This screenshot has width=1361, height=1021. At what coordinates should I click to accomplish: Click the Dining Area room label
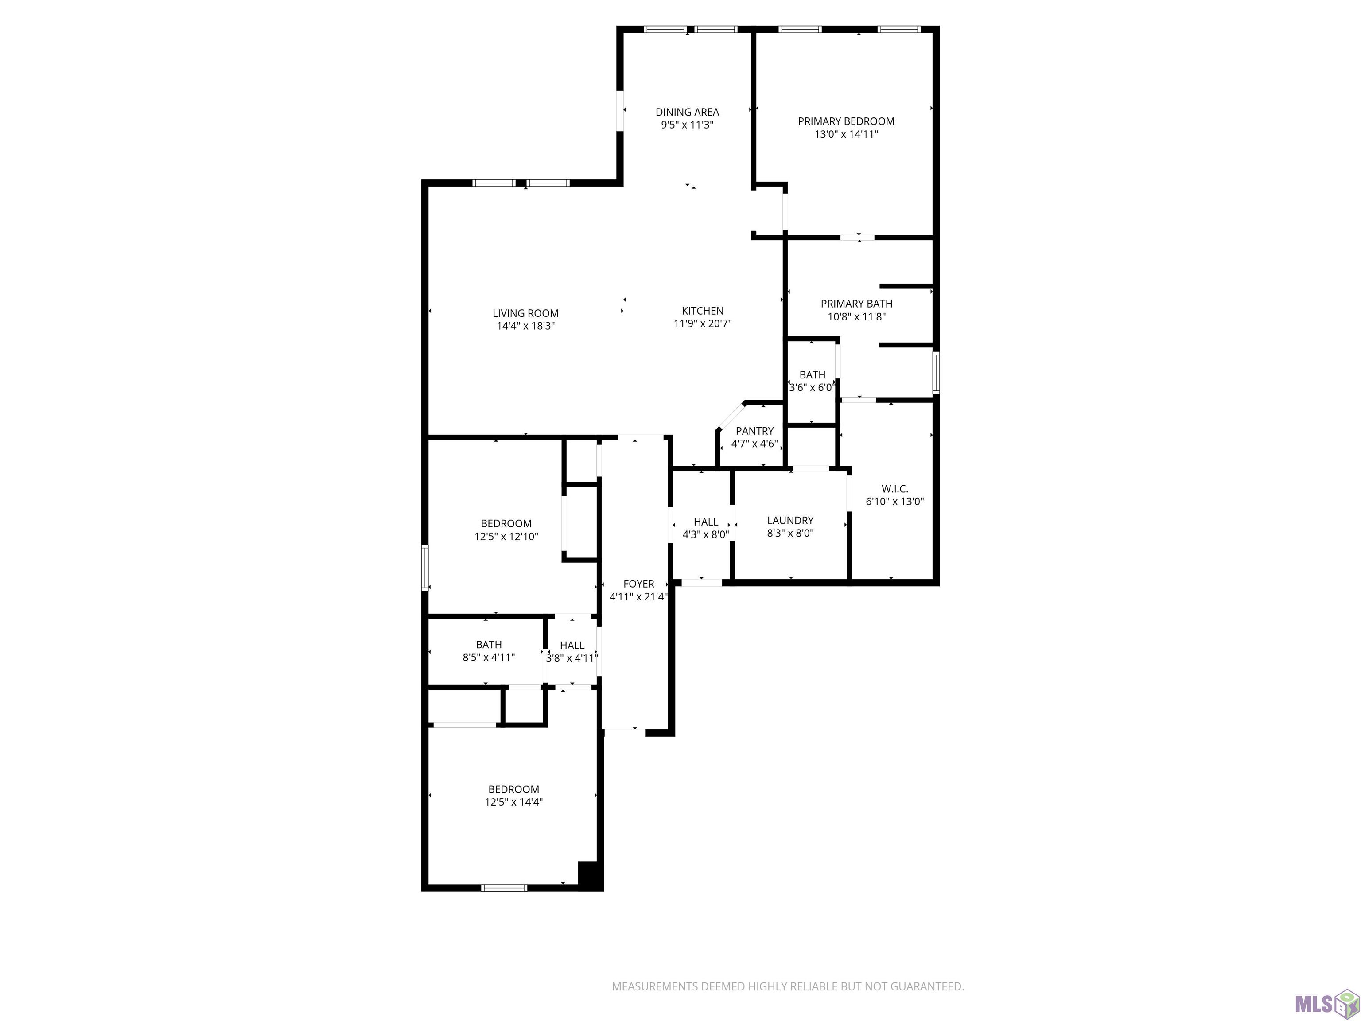687,112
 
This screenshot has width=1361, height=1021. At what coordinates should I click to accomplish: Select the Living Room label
525,313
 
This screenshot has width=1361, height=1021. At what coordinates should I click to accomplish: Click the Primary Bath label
856,304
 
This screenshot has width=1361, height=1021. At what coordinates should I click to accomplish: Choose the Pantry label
754,431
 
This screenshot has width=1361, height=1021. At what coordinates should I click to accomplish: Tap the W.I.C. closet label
894,489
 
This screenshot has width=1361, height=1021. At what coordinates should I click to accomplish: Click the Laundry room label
790,521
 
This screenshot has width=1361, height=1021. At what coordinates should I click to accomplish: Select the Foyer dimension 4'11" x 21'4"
639,596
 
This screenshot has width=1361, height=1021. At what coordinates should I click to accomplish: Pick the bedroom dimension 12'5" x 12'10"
506,537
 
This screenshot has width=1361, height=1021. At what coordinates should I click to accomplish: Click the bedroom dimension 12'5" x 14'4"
514,802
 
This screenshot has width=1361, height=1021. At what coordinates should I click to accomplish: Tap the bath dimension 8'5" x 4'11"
489,657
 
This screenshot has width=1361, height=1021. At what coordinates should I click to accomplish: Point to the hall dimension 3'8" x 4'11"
572,658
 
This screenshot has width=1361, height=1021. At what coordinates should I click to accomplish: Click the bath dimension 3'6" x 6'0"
812,388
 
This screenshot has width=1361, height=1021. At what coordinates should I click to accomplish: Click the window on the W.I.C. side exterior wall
936,372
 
